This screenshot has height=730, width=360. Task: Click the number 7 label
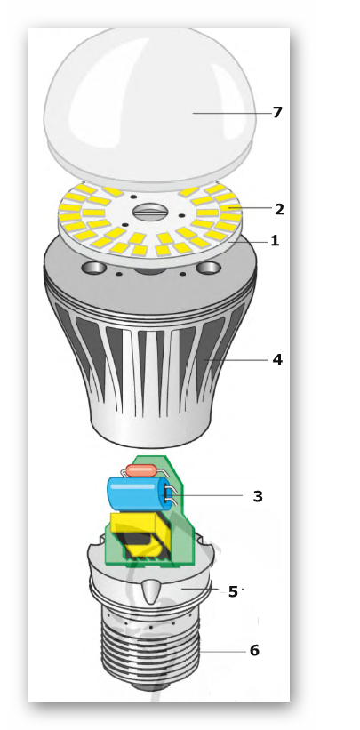click(277, 113)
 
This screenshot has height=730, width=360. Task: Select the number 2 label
click(279, 209)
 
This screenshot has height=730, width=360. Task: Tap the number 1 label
click(275, 241)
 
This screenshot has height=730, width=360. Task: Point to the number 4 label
click(277, 359)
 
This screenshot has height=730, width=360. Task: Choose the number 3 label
click(258, 496)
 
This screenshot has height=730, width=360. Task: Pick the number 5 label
click(233, 591)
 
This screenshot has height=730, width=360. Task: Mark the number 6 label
click(254, 650)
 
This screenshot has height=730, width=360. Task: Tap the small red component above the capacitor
click(141, 470)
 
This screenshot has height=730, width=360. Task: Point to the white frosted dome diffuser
click(149, 107)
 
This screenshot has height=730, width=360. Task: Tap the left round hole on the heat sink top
click(92, 268)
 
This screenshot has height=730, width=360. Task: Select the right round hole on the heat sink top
click(208, 269)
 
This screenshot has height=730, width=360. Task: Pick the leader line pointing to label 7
click(231, 113)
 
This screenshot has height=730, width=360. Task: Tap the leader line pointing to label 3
click(205, 495)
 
